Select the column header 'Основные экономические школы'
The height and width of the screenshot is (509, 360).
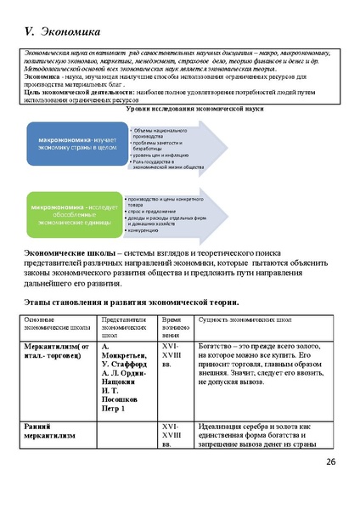pyautogui.click(x=51, y=324)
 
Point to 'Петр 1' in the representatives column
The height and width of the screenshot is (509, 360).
pyautogui.click(x=114, y=409)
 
